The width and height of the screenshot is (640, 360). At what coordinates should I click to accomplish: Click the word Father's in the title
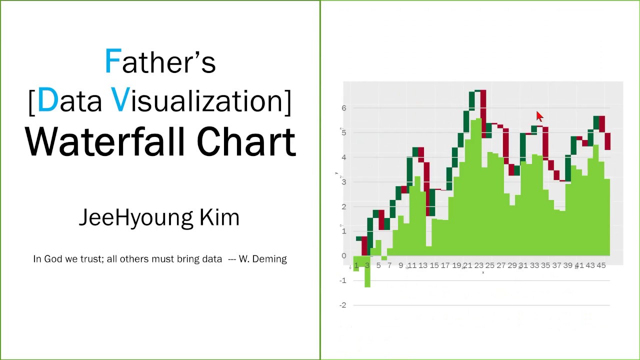pyautogui.click(x=160, y=62)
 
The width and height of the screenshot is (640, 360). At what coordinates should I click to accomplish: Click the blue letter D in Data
pyautogui.click(x=47, y=100)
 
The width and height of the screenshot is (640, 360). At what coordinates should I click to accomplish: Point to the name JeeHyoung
pyautogui.click(x=135, y=217)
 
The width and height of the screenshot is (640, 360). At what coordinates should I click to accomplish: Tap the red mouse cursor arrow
pyautogui.click(x=539, y=116)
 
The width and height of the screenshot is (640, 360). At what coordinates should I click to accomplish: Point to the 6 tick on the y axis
pyautogui.click(x=343, y=108)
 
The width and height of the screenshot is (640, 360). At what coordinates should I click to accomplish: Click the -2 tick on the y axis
pyautogui.click(x=342, y=305)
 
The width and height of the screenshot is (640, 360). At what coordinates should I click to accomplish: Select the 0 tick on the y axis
pyautogui.click(x=343, y=256)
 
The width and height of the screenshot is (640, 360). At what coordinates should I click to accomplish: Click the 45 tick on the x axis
pyautogui.click(x=600, y=265)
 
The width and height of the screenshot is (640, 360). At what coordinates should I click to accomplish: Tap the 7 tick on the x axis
pyautogui.click(x=389, y=265)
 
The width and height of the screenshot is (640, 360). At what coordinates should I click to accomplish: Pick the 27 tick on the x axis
pyautogui.click(x=501, y=265)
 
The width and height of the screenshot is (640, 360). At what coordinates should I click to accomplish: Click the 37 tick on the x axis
pyautogui.click(x=556, y=265)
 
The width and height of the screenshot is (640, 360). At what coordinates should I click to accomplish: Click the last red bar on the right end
pyautogui.click(x=607, y=141)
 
